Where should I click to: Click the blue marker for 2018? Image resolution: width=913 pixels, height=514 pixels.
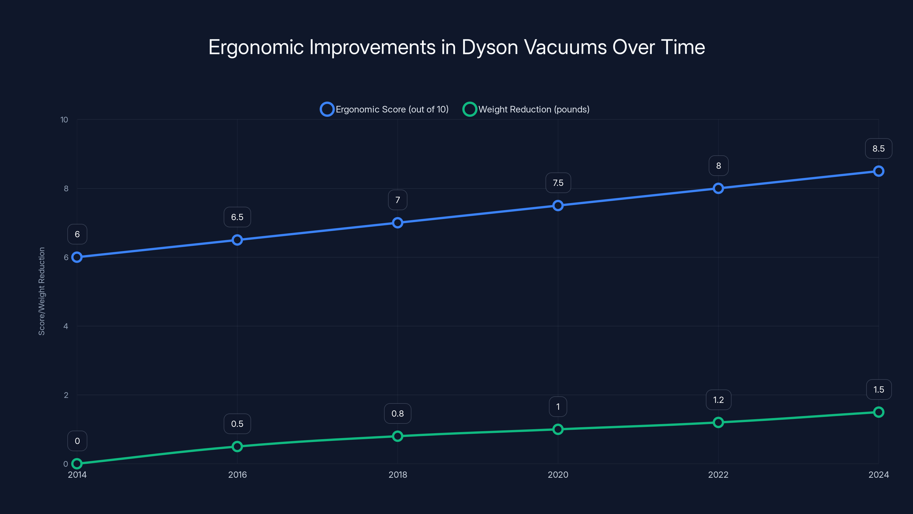pyautogui.click(x=397, y=223)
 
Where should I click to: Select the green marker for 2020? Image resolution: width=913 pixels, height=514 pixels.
pyautogui.click(x=558, y=429)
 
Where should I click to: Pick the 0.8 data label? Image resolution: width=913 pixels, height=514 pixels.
pyautogui.click(x=397, y=413)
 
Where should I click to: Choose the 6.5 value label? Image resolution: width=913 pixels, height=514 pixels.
pyautogui.click(x=237, y=217)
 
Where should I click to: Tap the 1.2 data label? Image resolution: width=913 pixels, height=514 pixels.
pyautogui.click(x=718, y=400)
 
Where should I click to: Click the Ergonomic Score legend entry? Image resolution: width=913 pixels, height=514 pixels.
pyautogui.click(x=384, y=109)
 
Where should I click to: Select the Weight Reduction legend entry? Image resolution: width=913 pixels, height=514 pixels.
pyautogui.click(x=526, y=109)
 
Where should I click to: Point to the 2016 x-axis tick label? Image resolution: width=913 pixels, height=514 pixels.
pyautogui.click(x=237, y=475)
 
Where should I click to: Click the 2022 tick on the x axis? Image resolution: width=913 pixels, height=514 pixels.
pyautogui.click(x=718, y=475)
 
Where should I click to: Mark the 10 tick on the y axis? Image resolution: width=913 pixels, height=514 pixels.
pyautogui.click(x=64, y=120)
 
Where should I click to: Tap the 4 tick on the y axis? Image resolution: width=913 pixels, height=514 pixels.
pyautogui.click(x=66, y=326)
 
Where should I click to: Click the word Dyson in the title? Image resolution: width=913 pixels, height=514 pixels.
pyautogui.click(x=490, y=47)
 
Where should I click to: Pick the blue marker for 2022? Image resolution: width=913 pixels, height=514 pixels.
pyautogui.click(x=718, y=188)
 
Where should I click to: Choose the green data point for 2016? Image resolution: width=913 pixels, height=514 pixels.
pyautogui.click(x=237, y=446)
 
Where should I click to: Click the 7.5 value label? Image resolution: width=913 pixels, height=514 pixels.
pyautogui.click(x=558, y=183)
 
